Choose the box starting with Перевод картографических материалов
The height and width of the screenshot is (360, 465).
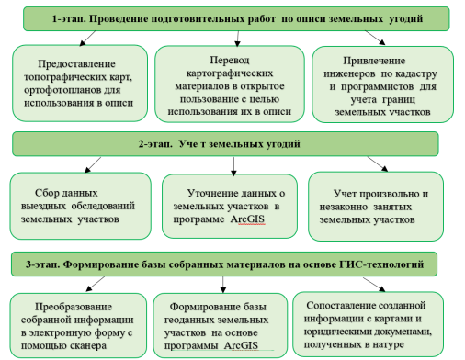click(233, 84)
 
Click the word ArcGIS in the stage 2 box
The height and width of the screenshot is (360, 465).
click(264, 223)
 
